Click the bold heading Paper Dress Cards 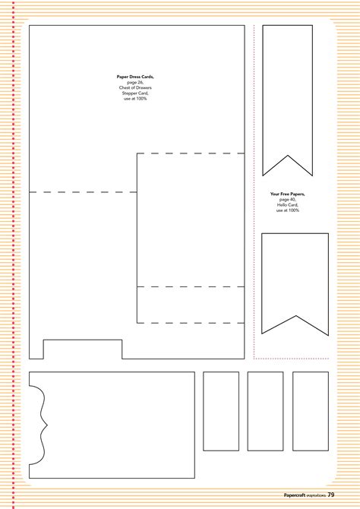(x=135, y=77)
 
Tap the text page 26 (x=135, y=82)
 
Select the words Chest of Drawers (x=135, y=87)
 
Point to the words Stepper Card (x=135, y=93)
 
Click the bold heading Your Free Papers (x=287, y=194)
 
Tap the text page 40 (x=287, y=199)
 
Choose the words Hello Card (x=287, y=204)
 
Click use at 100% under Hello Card (x=287, y=210)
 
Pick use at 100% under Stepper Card (x=135, y=98)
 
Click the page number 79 (x=332, y=495)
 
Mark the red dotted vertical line (x=254, y=190)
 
